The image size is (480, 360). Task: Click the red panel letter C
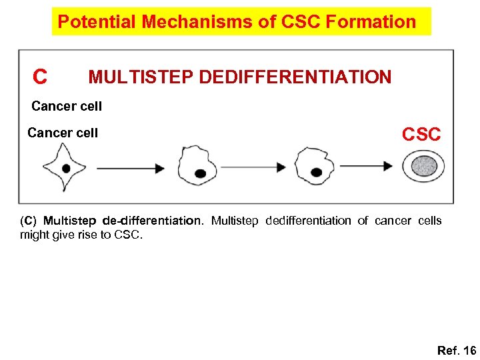point(41,78)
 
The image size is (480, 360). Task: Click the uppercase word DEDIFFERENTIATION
point(295,77)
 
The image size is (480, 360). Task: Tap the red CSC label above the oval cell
point(421,135)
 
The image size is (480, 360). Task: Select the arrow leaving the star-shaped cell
point(129,168)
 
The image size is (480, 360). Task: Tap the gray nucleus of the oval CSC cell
point(423,167)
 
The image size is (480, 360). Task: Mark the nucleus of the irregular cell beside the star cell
point(200,173)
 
